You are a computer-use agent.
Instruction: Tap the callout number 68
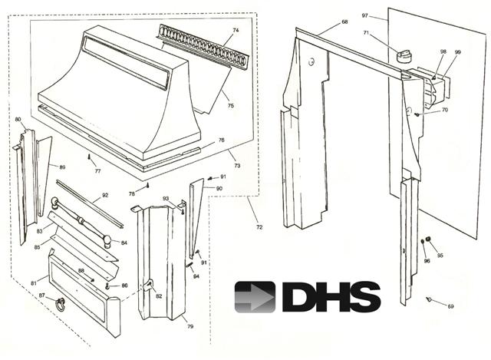coord(344,21)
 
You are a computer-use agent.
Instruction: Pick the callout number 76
coord(221,140)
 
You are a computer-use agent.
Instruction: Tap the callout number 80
coord(18,120)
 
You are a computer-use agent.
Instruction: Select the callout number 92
coord(105,197)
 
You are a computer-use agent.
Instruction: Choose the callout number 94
coord(196,276)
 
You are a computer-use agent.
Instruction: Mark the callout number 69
coord(450,306)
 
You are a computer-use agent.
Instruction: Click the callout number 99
coord(457,52)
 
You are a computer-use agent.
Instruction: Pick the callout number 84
coord(125,243)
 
